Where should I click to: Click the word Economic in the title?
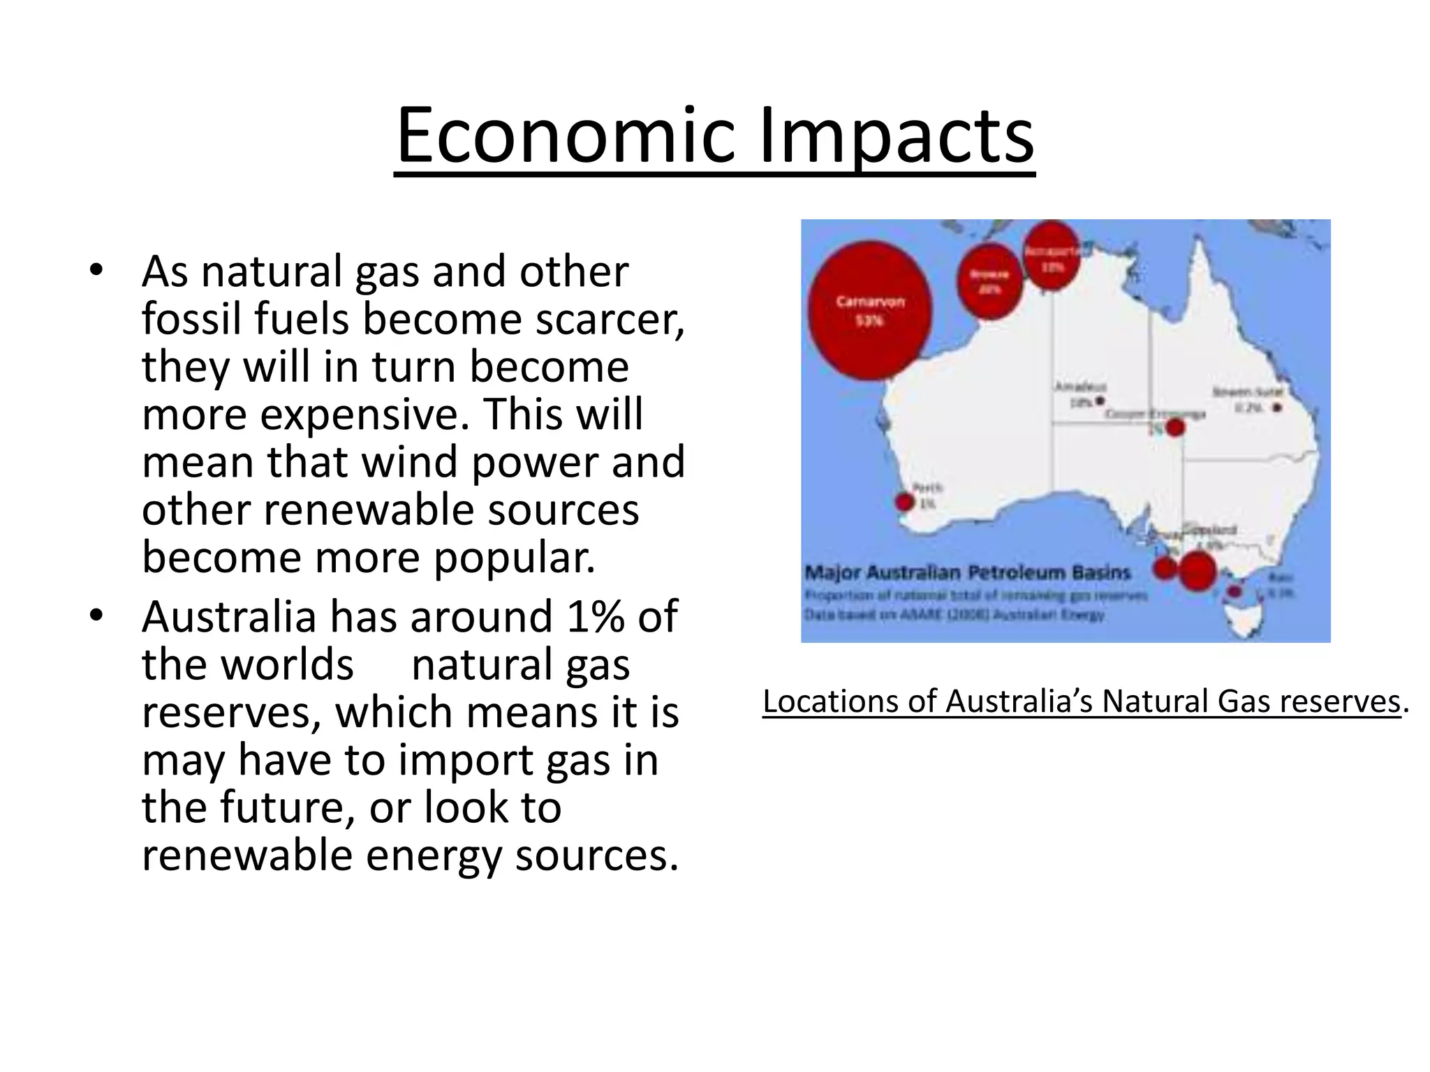pyautogui.click(x=566, y=136)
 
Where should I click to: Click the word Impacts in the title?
pyautogui.click(x=896, y=136)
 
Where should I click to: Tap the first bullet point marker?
pyautogui.click(x=96, y=270)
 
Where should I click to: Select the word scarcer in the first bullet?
pyautogui.click(x=609, y=319)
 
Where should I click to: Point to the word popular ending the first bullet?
pyautogui.click(x=515, y=558)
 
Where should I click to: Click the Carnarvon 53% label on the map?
pyautogui.click(x=869, y=311)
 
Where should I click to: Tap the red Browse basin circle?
pyautogui.click(x=989, y=281)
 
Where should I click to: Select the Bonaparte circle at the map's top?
pyautogui.click(x=1052, y=254)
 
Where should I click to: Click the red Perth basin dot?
pyautogui.click(x=904, y=502)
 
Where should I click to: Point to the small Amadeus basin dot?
pyautogui.click(x=1100, y=401)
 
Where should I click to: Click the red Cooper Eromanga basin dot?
pyautogui.click(x=1176, y=427)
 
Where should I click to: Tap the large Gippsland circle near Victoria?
pyautogui.click(x=1197, y=571)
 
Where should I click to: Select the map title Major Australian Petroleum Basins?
pyautogui.click(x=967, y=573)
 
